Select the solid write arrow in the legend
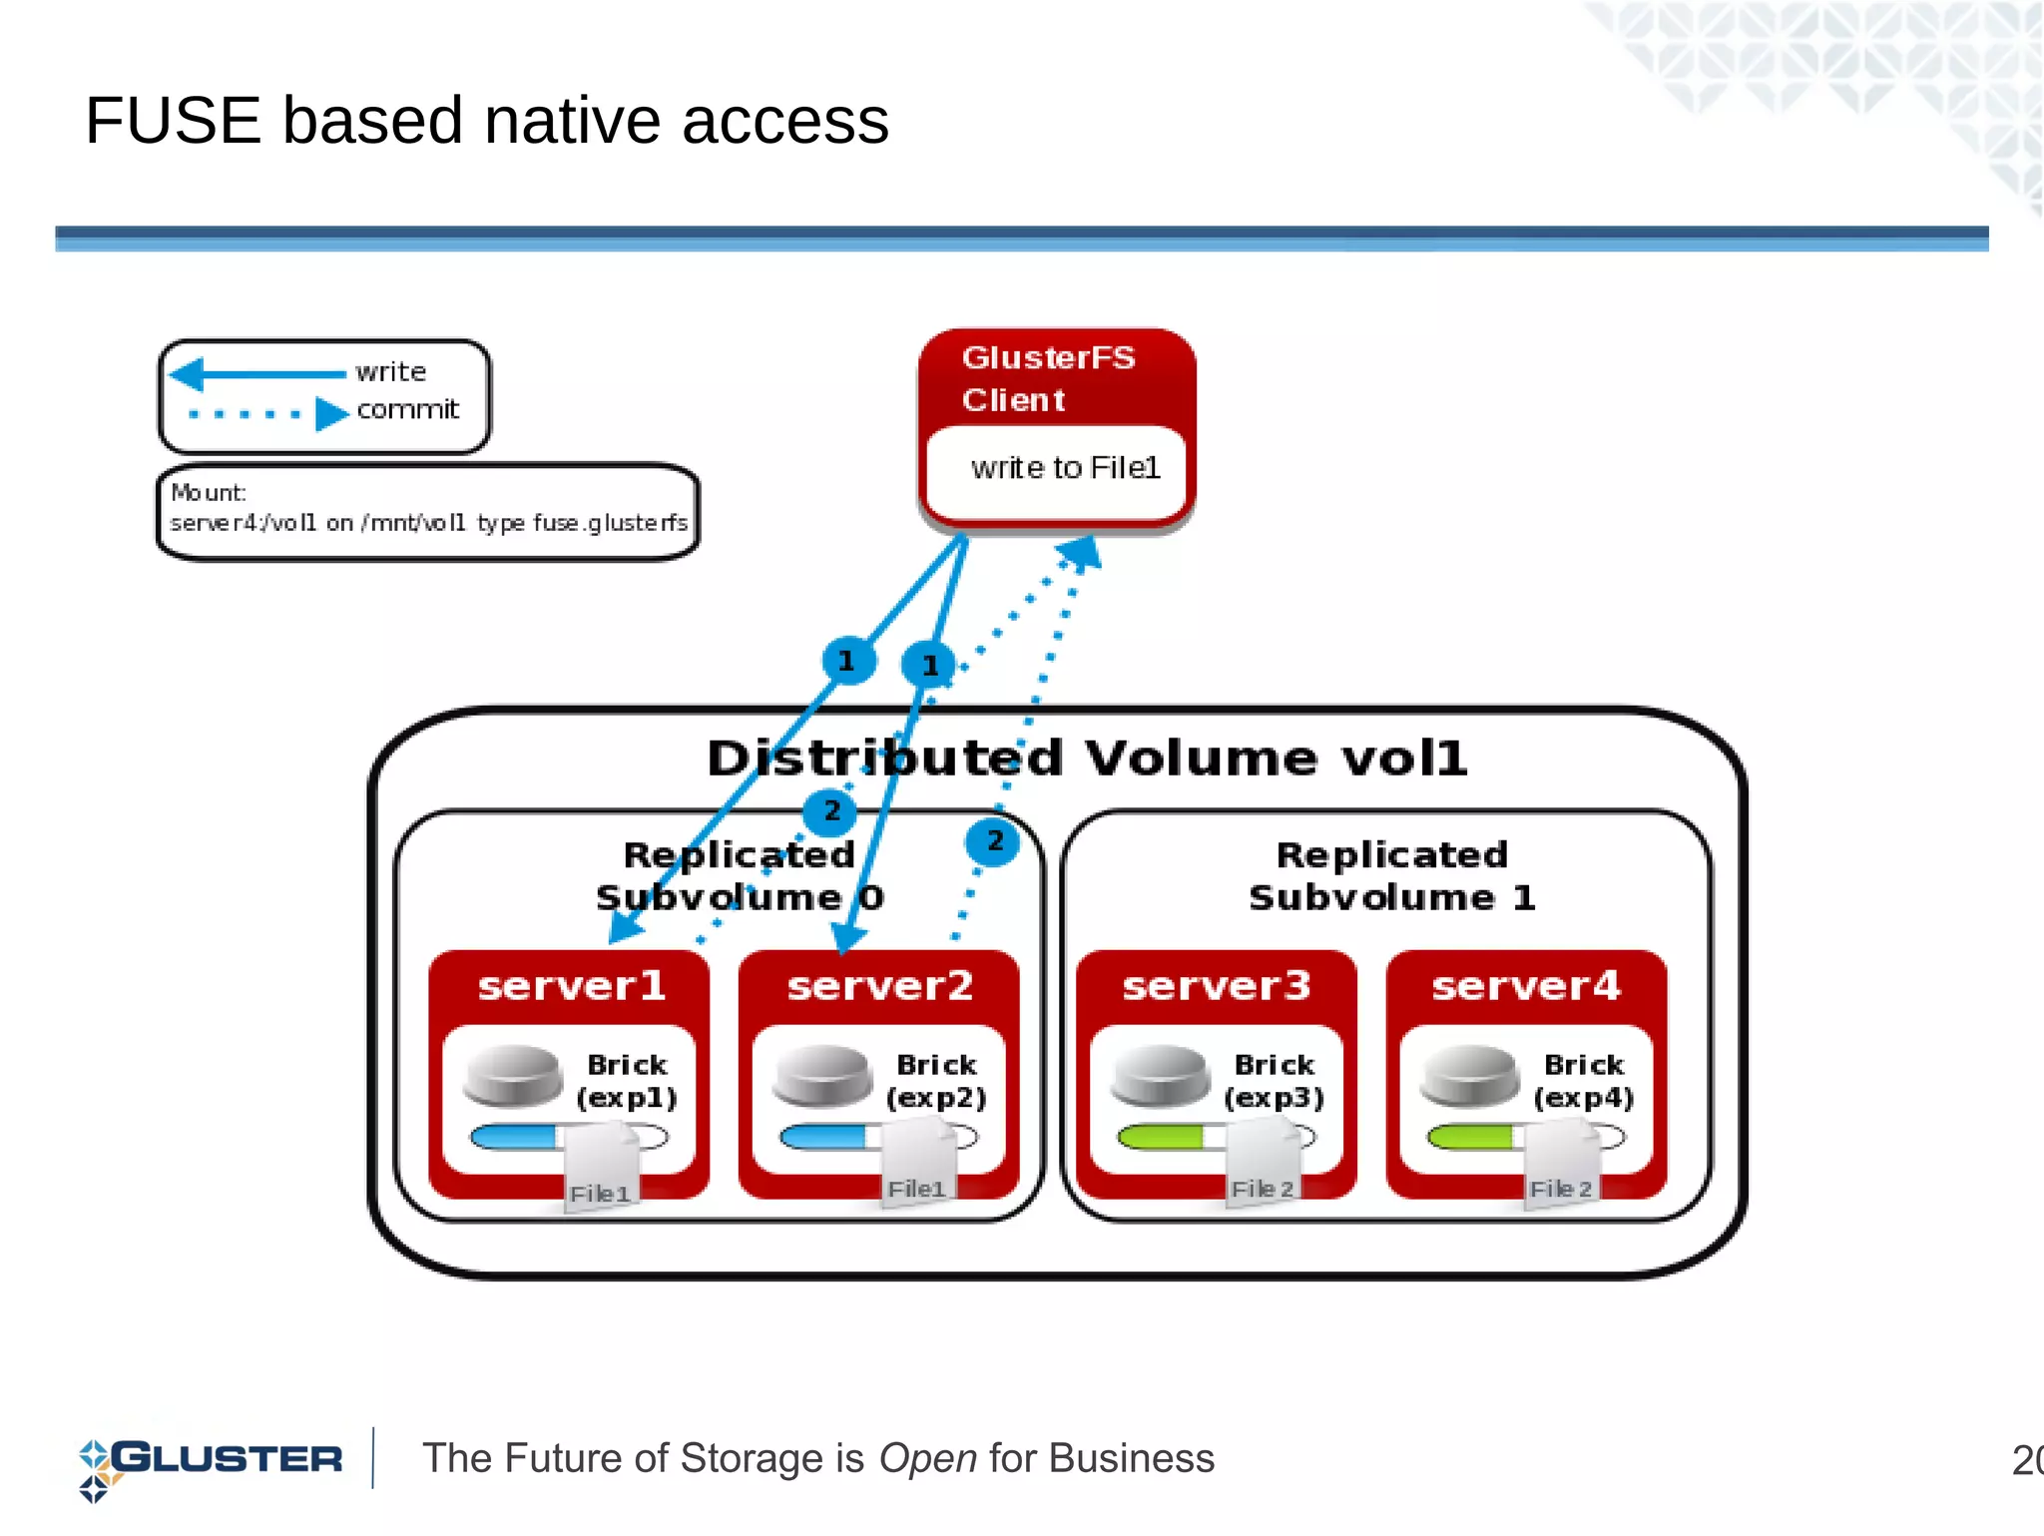pyautogui.click(x=259, y=374)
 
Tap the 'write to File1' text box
pyautogui.click(x=1064, y=468)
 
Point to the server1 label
pyautogui.click(x=571, y=986)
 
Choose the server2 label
pyautogui.click(x=879, y=986)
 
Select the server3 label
pyautogui.click(x=1216, y=986)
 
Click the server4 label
pyautogui.click(x=1525, y=986)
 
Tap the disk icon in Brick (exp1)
pyautogui.click(x=513, y=1076)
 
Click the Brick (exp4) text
pyautogui.click(x=1583, y=1081)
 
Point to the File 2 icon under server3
pyautogui.click(x=1263, y=1164)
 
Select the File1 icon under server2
pyautogui.click(x=917, y=1164)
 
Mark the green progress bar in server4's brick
pyautogui.click(x=1470, y=1137)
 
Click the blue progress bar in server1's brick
pyautogui.click(x=514, y=1137)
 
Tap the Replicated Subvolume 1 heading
pyautogui.click(x=1391, y=875)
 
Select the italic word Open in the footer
pyautogui.click(x=927, y=1459)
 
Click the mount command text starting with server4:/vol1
pyautogui.click(x=428, y=523)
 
